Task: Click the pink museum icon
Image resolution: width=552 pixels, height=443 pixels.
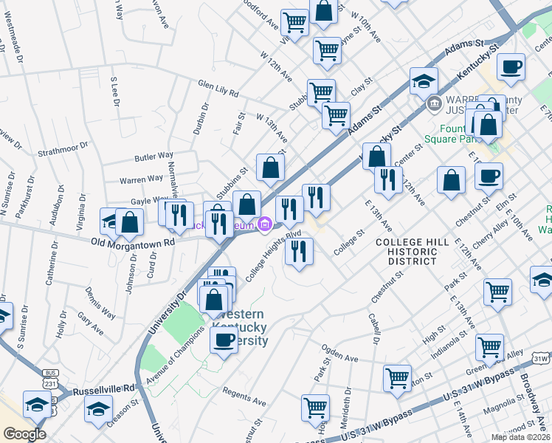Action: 264,225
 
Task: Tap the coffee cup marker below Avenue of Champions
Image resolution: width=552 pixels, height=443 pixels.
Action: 224,340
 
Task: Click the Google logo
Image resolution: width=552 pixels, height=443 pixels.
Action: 24,433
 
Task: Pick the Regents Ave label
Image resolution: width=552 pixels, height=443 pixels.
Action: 244,397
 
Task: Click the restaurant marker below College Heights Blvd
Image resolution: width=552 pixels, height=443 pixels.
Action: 299,251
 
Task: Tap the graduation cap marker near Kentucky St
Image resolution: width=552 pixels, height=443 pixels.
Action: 424,80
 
